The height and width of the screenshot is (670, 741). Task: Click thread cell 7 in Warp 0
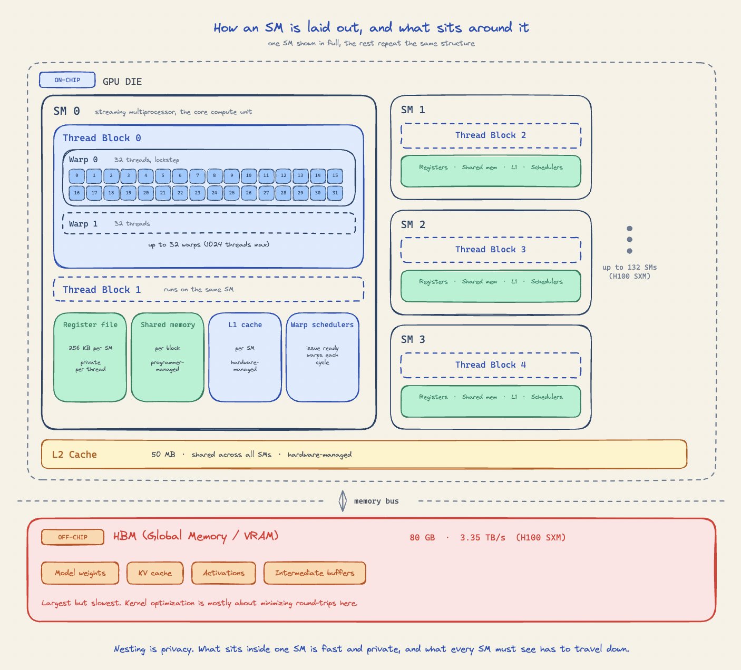tap(197, 176)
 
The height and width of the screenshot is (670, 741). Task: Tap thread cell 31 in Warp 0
tap(335, 193)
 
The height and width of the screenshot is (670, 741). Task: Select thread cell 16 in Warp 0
tap(77, 193)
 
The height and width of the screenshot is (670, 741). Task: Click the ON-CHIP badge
tap(67, 80)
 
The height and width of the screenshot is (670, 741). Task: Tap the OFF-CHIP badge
tap(73, 537)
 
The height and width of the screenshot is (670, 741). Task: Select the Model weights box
tap(80, 573)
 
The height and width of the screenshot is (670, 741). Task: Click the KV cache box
tap(155, 573)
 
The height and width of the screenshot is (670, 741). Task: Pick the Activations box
tap(223, 573)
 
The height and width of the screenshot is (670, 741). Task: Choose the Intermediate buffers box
tap(315, 573)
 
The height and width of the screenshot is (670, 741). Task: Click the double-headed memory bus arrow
tap(343, 501)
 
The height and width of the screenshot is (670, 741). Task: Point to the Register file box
tap(90, 357)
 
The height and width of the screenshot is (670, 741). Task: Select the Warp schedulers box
tap(323, 357)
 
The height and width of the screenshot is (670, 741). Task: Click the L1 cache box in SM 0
tap(245, 357)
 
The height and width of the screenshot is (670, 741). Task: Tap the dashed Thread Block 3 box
tap(491, 250)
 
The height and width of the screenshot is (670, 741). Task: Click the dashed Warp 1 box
tap(209, 223)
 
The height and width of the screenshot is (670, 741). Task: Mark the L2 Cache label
tap(74, 454)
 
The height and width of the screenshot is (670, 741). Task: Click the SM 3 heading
tap(413, 339)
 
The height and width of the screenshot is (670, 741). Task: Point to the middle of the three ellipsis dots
tap(629, 239)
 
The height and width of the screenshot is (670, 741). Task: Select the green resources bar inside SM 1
tap(491, 171)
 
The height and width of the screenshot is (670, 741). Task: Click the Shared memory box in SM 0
tap(168, 357)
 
